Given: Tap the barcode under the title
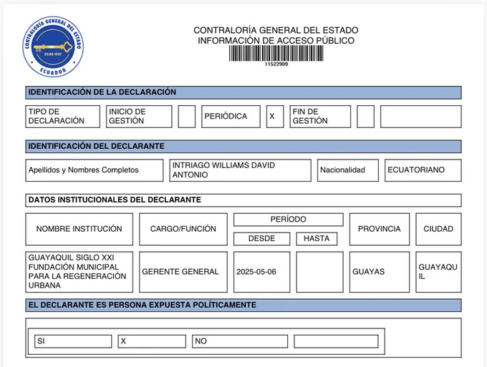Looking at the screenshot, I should click(276, 54).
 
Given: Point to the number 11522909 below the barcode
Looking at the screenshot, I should click(276, 64).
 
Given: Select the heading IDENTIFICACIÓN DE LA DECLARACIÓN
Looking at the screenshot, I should click(102, 92).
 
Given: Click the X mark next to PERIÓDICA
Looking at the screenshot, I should click(271, 117).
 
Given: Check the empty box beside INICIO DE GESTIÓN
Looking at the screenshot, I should click(186, 117).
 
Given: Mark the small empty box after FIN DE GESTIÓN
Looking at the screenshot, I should click(365, 117).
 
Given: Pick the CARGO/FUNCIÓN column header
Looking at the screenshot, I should click(183, 229).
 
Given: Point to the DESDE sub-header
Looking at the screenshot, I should click(261, 239).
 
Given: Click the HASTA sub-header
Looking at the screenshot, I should click(316, 239).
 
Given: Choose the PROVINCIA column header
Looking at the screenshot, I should click(379, 229).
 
